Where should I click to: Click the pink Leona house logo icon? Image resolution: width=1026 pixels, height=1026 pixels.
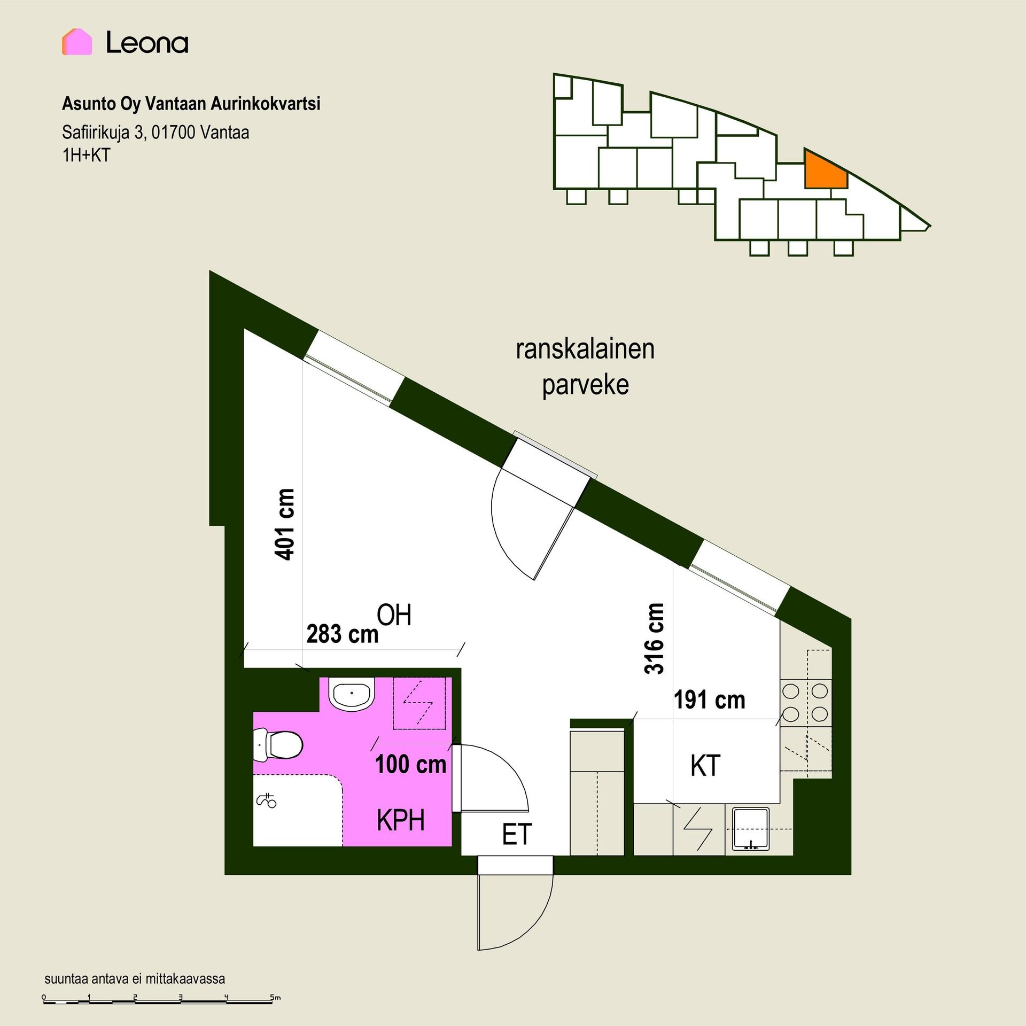[77, 42]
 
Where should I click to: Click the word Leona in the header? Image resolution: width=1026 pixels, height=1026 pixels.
[147, 42]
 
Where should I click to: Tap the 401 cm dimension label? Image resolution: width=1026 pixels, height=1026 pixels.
[284, 524]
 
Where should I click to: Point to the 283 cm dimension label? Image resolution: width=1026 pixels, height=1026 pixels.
[343, 634]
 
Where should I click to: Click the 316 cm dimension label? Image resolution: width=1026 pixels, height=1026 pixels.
[655, 639]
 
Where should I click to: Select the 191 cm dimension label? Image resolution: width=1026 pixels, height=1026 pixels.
[709, 700]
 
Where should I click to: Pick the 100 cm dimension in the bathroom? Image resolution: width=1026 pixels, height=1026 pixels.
[410, 765]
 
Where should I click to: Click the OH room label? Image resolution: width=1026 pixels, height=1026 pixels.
[394, 615]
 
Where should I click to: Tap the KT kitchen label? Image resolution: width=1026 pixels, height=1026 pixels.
[705, 766]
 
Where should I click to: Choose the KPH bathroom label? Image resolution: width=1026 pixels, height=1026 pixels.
[401, 820]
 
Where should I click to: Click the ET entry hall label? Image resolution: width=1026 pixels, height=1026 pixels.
[517, 834]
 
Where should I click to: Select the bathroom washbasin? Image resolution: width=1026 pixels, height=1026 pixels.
[352, 694]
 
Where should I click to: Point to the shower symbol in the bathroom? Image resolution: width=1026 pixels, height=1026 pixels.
[267, 801]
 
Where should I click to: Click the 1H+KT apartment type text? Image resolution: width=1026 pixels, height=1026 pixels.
[86, 155]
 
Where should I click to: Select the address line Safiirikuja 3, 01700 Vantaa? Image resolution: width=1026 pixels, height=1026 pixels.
[156, 132]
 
